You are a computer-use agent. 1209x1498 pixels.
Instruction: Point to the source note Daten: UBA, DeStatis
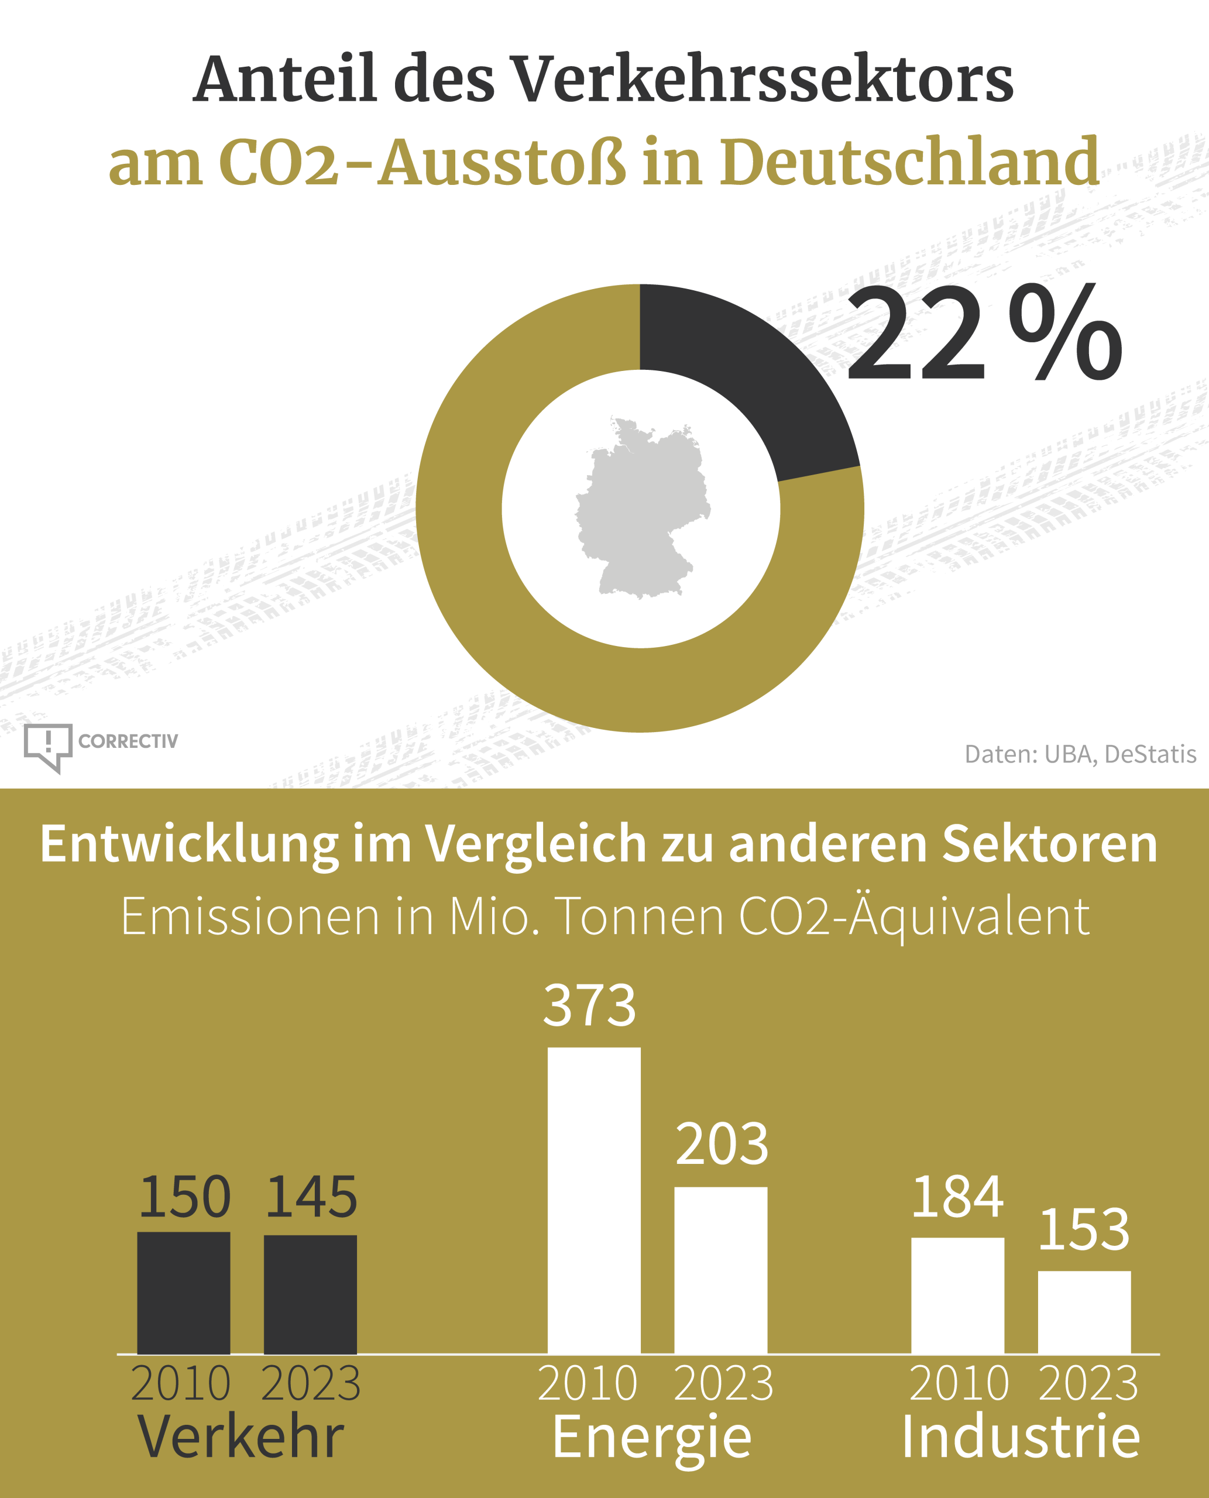(1080, 754)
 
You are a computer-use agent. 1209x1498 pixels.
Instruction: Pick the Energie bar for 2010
(594, 1201)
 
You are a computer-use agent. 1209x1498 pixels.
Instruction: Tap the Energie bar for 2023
(721, 1270)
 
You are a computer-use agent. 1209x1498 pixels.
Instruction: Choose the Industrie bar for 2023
(1084, 1312)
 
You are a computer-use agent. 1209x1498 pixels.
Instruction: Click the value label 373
(590, 1006)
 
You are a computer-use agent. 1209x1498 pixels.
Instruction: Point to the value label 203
(722, 1145)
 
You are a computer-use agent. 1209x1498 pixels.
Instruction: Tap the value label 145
(311, 1198)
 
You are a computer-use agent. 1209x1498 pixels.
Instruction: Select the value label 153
(1084, 1230)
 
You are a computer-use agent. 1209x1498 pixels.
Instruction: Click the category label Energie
(652, 1438)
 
